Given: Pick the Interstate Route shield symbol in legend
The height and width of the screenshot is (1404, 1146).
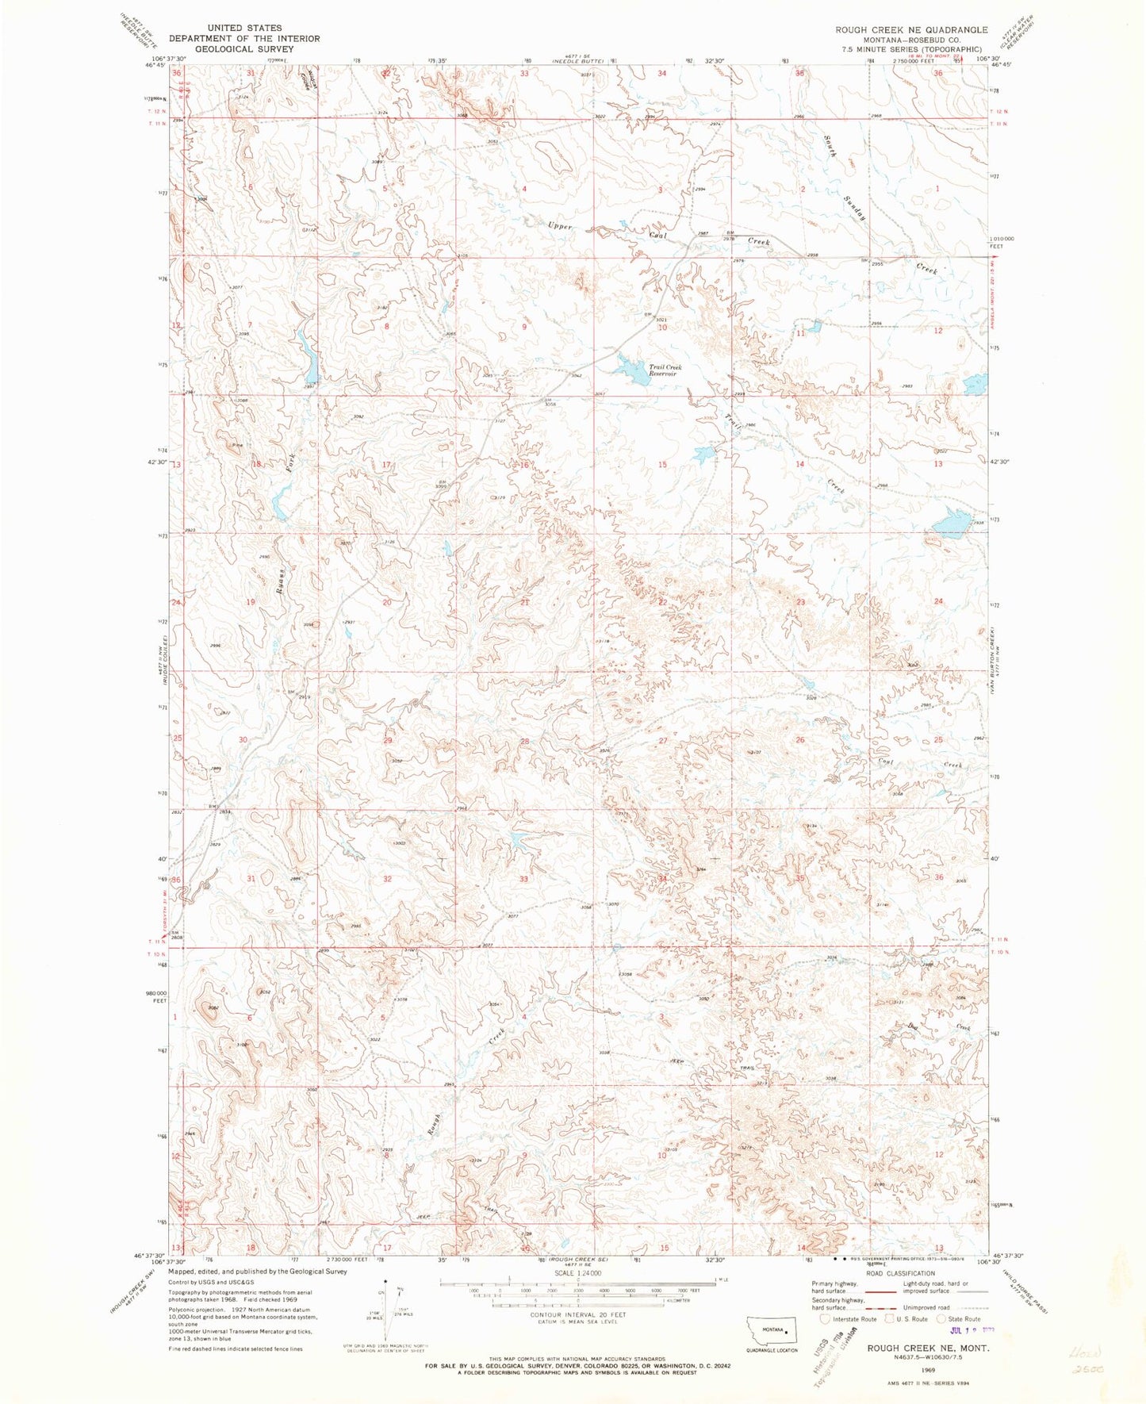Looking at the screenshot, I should click(826, 1318).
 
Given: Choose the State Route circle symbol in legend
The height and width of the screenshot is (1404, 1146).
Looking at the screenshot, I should click(941, 1318).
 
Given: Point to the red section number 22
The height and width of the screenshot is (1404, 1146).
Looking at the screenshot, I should click(662, 602).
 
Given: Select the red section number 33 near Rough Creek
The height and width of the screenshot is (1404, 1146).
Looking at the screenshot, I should click(523, 879).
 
